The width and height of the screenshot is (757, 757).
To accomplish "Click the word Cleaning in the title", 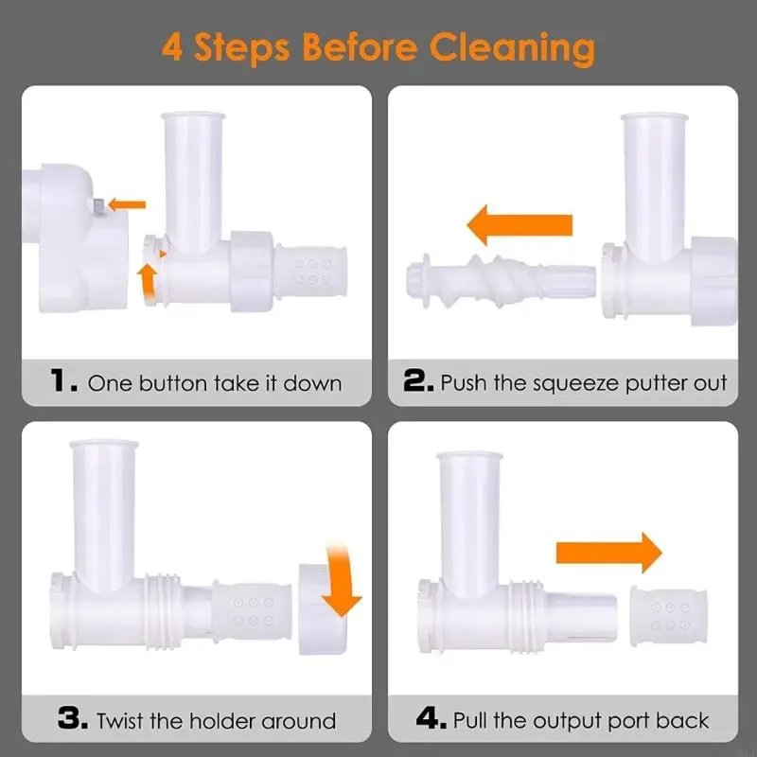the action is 512,49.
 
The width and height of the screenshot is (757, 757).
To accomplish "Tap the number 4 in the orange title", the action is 172,47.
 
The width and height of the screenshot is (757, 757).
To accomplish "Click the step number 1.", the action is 63,380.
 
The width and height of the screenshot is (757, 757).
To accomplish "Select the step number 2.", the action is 418,380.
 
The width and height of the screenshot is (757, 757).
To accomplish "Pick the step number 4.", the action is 431,718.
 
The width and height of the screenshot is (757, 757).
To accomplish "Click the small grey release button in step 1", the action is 98,207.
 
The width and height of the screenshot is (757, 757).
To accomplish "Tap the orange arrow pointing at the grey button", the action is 127,204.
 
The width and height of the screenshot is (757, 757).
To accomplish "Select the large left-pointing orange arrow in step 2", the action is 519,225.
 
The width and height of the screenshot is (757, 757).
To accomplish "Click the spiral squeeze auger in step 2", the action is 501,281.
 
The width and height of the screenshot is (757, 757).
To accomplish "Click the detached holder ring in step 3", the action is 322,609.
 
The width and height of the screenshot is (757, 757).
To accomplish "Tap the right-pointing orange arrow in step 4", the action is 608,553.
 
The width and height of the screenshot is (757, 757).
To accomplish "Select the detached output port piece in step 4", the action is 669,616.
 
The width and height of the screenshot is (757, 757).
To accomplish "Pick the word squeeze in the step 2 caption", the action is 575,384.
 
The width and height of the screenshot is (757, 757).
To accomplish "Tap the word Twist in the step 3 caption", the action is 120,721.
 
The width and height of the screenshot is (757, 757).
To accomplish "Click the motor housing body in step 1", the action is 78,238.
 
